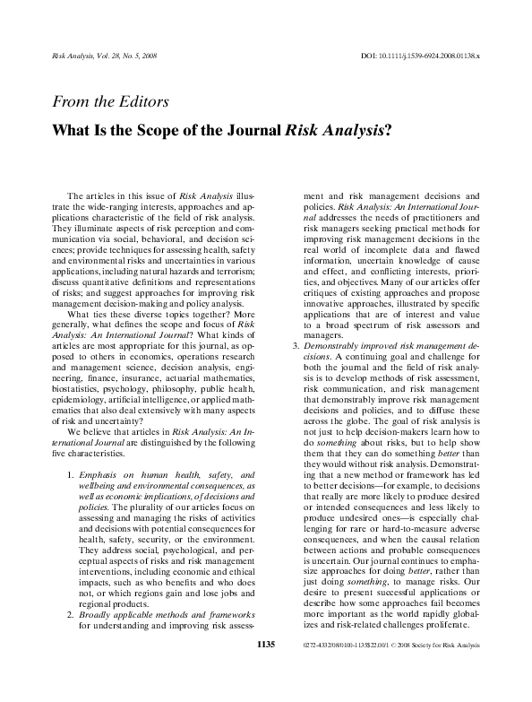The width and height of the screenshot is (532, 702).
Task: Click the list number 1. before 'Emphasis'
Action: [x=70, y=472]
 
